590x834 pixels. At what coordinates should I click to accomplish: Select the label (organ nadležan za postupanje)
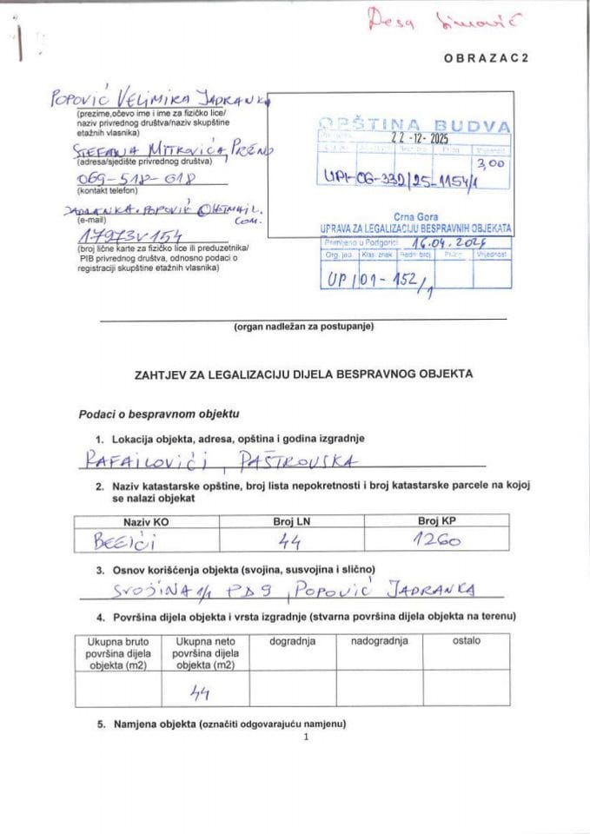[x=303, y=327]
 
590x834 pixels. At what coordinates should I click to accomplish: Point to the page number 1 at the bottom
[x=307, y=738]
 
